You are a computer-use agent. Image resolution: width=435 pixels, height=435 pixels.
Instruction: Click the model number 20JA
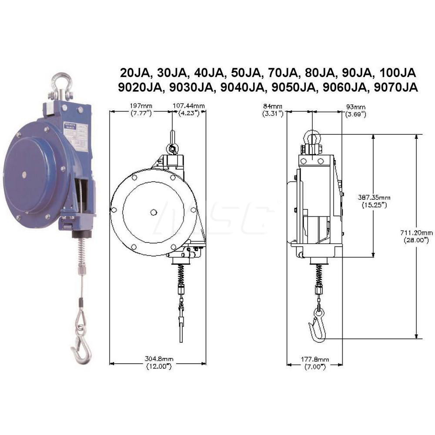[x=133, y=72]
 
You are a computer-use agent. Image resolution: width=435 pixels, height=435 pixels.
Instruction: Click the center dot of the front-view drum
[x=153, y=212]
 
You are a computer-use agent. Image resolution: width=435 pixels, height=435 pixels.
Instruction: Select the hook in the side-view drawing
[x=317, y=325]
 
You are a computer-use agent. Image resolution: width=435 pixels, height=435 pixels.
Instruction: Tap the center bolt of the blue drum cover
[x=24, y=175]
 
